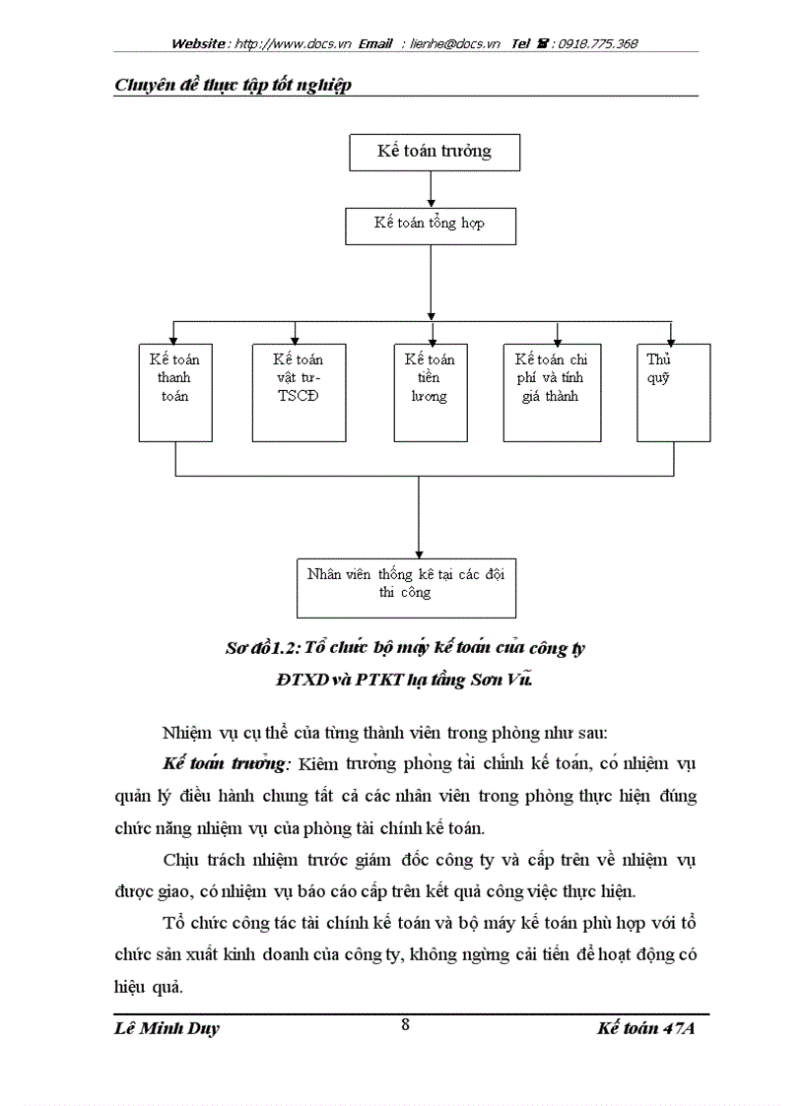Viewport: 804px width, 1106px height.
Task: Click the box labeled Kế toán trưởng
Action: click(x=434, y=152)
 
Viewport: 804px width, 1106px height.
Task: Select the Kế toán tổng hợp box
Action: click(x=429, y=225)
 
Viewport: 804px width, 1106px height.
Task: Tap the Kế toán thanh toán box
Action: click(x=174, y=391)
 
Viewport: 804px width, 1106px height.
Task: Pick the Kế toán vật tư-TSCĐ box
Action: click(x=298, y=391)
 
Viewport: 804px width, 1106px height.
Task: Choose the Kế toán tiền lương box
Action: click(x=430, y=391)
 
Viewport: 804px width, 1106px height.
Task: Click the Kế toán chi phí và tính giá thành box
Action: click(x=551, y=391)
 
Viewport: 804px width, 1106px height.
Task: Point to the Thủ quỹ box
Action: click(x=672, y=391)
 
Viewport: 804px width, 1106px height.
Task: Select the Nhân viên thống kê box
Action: click(x=406, y=588)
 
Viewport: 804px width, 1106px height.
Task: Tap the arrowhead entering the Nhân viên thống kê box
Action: click(x=419, y=553)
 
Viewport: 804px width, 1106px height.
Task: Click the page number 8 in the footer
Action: click(x=405, y=1023)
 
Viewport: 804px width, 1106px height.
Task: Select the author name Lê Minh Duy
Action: click(x=167, y=1029)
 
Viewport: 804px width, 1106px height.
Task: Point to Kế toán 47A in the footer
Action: click(x=645, y=1029)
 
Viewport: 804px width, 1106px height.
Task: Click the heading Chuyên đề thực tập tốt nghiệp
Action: click(x=233, y=85)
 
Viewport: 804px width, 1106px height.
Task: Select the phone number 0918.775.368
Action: click(x=597, y=44)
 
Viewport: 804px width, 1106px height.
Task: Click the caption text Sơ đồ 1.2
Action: click(x=260, y=648)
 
